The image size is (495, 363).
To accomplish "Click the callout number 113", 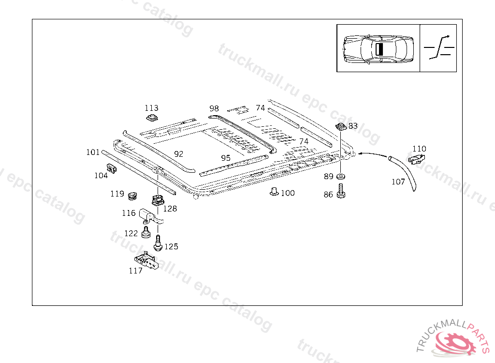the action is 151,108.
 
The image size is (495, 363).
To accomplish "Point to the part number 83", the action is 353,126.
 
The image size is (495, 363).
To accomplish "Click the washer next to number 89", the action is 341,176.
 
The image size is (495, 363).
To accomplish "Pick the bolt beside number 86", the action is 341,190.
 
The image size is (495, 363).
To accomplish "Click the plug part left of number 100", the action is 274,192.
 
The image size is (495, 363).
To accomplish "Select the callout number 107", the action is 398,182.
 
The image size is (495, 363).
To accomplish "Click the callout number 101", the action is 93,152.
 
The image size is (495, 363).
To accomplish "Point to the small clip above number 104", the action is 112,168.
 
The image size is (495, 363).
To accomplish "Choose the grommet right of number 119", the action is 132,195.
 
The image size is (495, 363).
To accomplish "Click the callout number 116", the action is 129,213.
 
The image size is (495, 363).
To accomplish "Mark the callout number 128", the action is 170,209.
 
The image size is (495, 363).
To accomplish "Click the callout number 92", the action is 179,154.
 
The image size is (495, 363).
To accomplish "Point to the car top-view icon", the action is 378,48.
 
